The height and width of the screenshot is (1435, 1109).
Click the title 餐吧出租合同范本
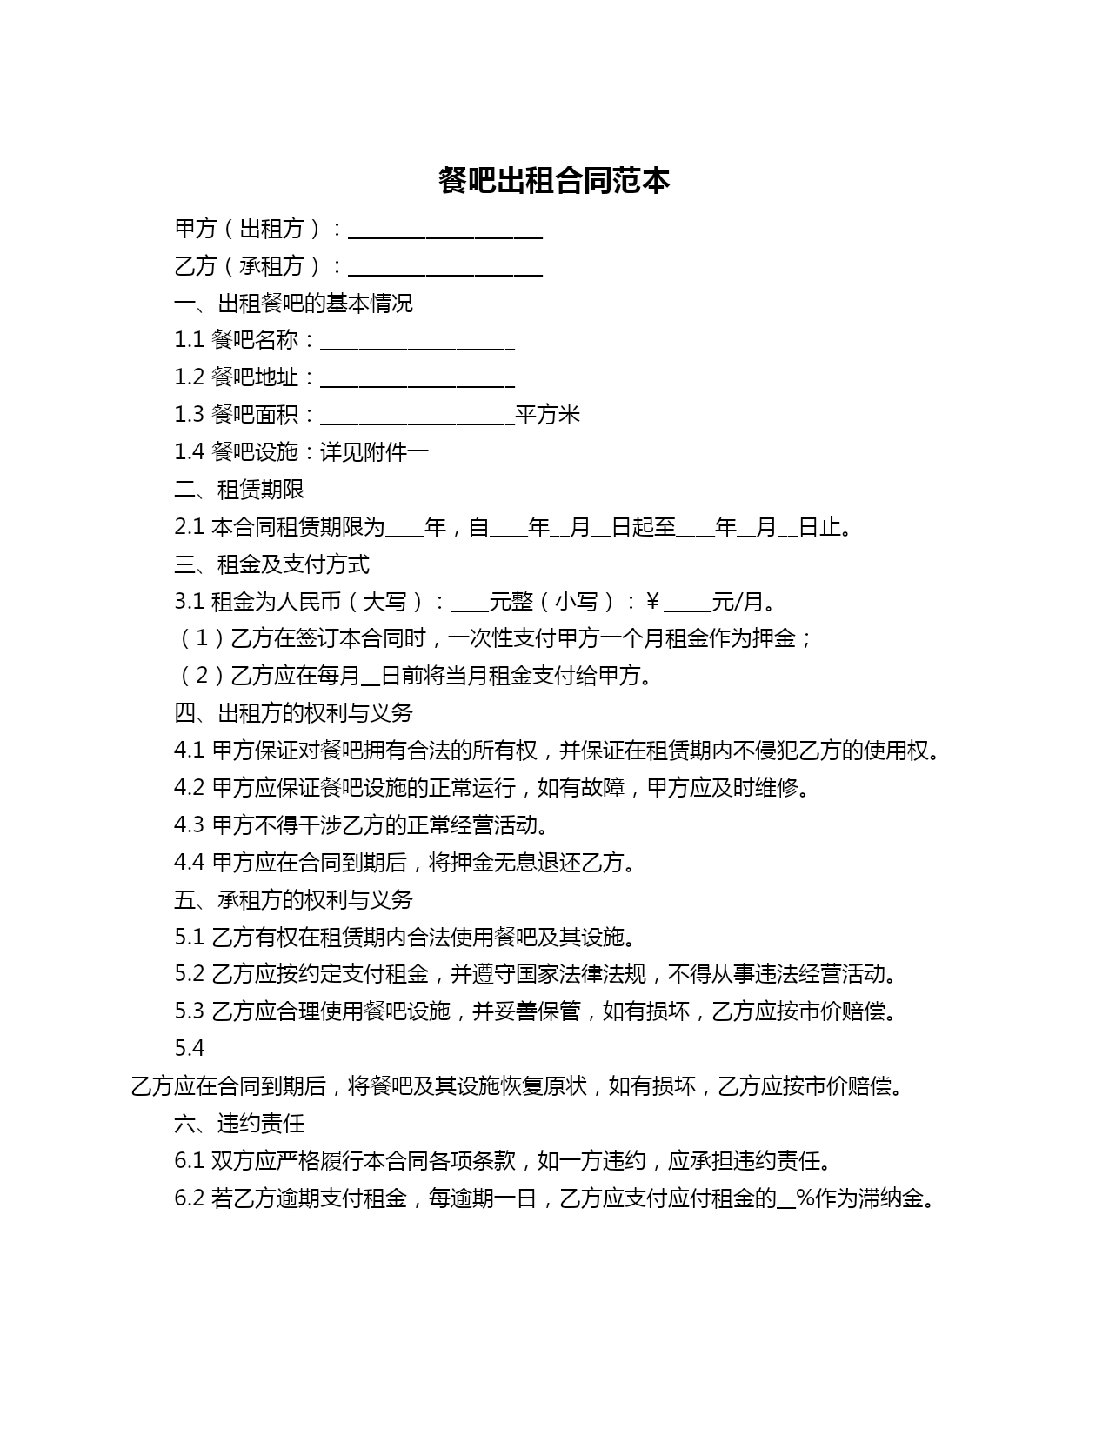point(554,180)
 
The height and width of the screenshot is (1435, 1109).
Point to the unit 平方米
point(547,415)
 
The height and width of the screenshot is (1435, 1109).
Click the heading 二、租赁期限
point(239,490)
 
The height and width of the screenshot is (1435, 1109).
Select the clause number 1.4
point(189,452)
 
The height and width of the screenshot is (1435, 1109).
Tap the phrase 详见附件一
point(374,452)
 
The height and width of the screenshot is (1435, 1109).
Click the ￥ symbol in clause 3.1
point(652,602)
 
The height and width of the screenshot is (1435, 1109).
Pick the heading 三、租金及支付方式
point(271,564)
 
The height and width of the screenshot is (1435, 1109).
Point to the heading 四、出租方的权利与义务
point(293,713)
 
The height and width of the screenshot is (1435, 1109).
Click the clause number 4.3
point(189,825)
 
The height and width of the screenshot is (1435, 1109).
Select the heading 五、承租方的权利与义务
point(293,900)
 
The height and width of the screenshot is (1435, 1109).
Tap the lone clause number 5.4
point(189,1049)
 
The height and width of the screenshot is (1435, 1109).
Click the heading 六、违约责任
point(239,1124)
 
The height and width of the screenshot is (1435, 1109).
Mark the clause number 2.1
point(189,527)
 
